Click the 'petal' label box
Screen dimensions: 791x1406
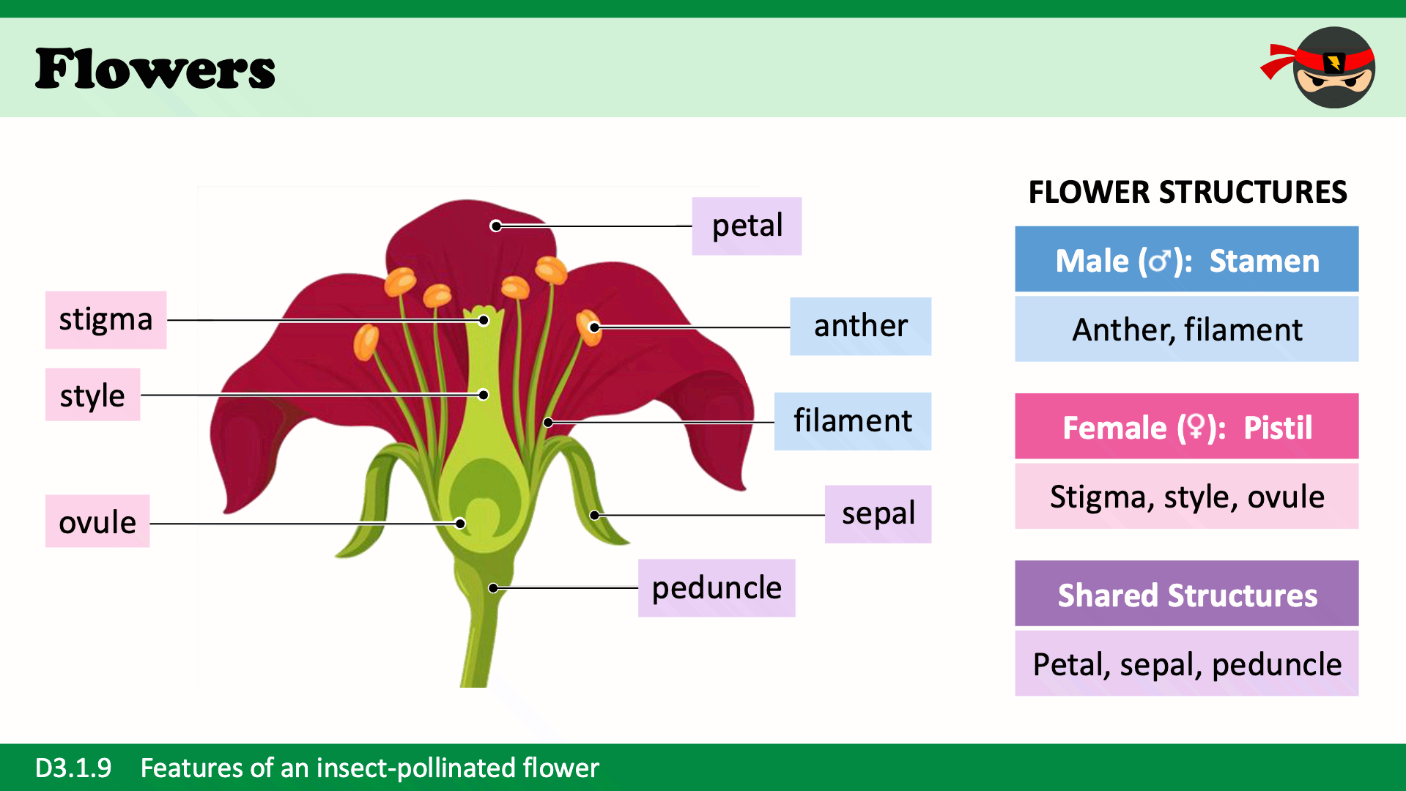point(746,226)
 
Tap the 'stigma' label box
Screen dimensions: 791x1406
point(106,319)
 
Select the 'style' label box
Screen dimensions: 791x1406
point(92,395)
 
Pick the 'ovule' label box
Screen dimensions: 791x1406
point(97,521)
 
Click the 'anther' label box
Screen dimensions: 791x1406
point(860,326)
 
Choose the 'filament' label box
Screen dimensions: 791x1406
point(852,421)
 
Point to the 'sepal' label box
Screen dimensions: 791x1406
point(878,513)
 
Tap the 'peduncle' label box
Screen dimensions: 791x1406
point(716,587)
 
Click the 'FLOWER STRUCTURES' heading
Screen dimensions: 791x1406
point(1187,192)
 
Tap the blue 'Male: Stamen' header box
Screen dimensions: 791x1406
point(1186,259)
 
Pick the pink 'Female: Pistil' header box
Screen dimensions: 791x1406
point(1186,426)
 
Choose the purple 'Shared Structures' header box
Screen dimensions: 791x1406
point(1186,593)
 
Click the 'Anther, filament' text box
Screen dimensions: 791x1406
point(1186,329)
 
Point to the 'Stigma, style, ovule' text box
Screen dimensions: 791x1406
point(1186,496)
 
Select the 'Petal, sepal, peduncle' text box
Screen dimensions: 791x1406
point(1186,664)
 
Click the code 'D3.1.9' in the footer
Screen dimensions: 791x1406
point(73,768)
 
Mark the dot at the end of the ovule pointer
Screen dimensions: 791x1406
point(460,524)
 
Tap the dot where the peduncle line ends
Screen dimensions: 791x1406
point(494,588)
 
